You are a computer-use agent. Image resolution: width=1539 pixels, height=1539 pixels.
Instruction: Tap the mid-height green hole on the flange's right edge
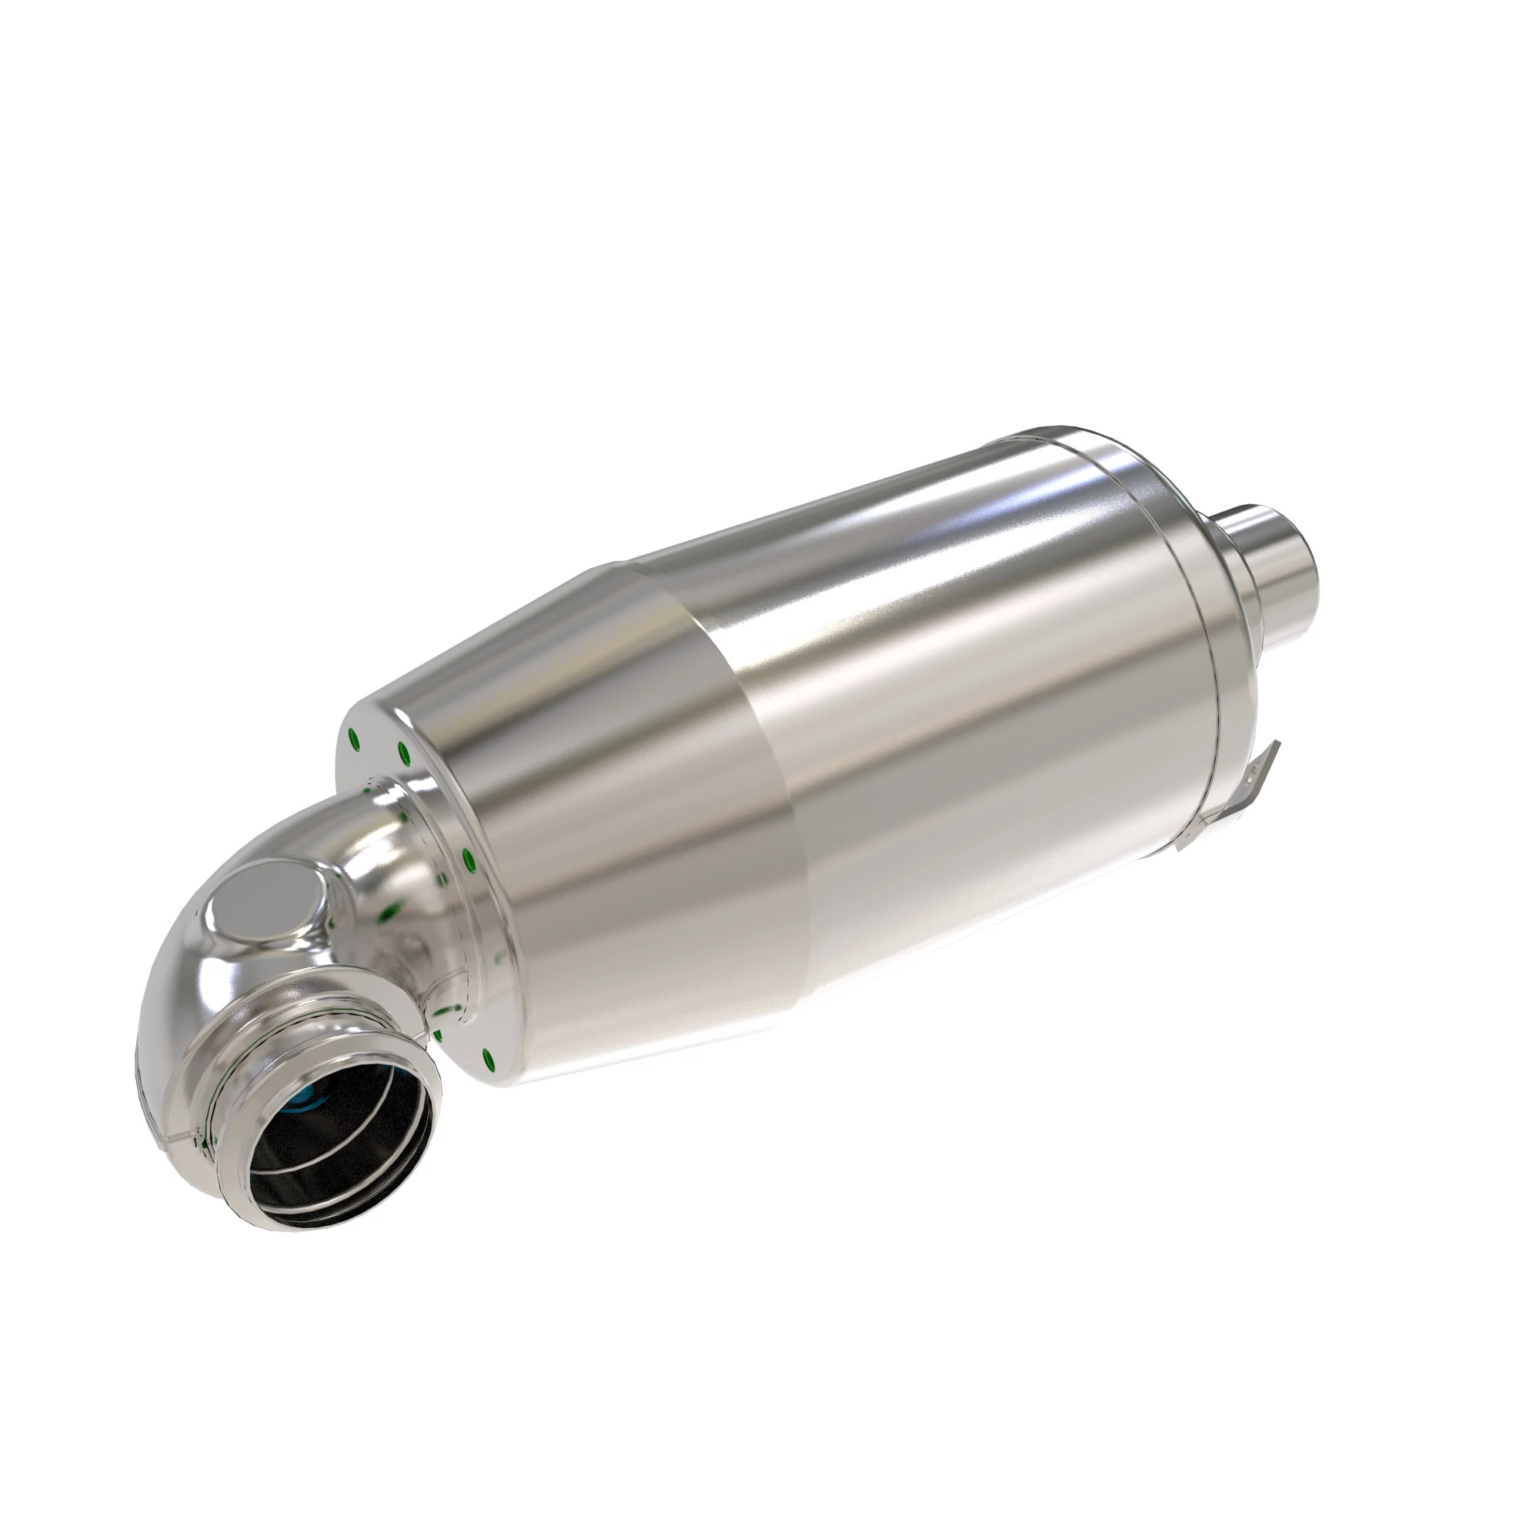coord(468,859)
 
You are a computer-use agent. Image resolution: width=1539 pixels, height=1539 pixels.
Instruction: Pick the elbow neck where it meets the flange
coord(382,829)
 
